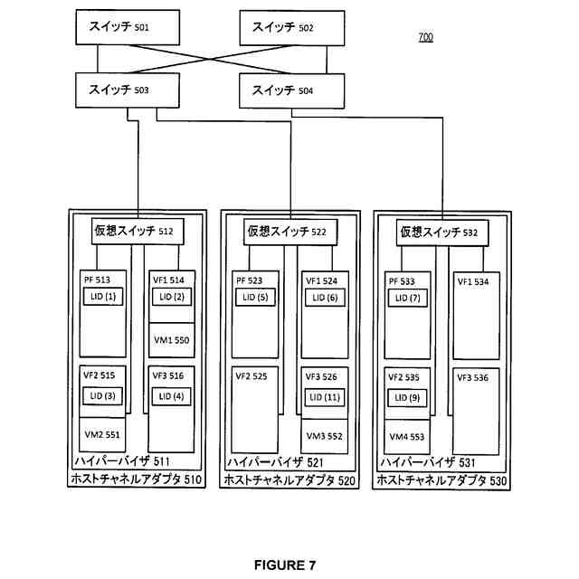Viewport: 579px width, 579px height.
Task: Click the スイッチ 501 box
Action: point(128,28)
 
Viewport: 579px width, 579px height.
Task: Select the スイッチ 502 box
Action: point(292,28)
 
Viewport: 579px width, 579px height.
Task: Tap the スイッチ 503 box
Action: point(128,90)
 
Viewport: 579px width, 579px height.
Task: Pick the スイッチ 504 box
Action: point(291,90)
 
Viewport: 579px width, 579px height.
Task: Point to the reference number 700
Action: point(426,37)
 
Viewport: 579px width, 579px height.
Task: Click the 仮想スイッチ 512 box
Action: point(138,232)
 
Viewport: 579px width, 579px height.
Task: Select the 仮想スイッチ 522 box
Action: point(290,233)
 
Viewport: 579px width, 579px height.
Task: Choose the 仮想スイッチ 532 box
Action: point(442,233)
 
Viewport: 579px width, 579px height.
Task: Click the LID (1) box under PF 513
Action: point(103,297)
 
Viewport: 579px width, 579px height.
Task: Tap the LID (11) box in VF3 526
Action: point(325,398)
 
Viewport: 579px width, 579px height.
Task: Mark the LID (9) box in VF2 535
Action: point(407,398)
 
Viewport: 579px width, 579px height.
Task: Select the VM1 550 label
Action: point(171,340)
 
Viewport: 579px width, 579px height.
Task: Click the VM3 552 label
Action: point(324,436)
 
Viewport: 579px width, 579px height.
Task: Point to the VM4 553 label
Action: point(407,437)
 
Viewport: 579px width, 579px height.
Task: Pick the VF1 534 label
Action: point(473,281)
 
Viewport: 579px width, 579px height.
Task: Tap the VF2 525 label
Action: point(252,376)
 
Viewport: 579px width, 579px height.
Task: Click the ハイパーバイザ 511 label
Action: point(122,460)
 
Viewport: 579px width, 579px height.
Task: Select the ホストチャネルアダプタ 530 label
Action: point(441,480)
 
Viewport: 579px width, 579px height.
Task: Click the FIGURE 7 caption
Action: point(285,565)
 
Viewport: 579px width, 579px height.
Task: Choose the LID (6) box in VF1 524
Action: point(325,298)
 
